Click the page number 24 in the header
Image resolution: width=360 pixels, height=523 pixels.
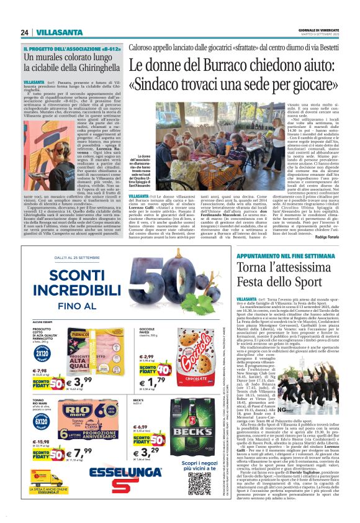tap(24, 32)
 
